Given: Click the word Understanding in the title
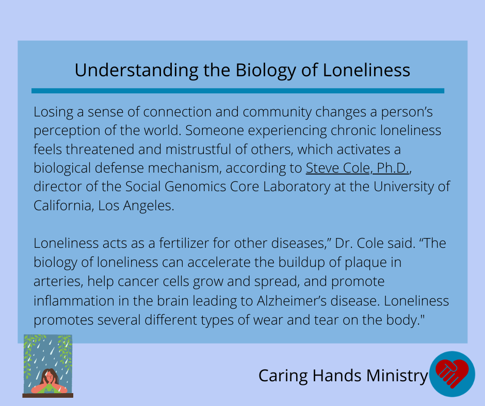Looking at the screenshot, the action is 136,71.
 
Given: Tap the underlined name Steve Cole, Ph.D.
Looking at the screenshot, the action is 358,168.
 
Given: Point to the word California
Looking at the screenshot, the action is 63,206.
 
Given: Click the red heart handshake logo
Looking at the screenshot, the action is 452,374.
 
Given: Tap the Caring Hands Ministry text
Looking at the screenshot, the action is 343,376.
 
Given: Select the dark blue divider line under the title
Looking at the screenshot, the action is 238,91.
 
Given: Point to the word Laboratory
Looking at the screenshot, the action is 296,187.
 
